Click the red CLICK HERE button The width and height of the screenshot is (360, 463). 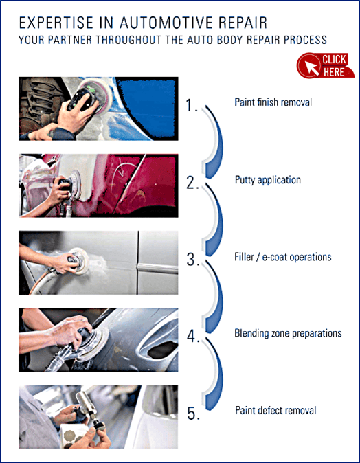click(326, 65)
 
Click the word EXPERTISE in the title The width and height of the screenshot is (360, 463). click(56, 23)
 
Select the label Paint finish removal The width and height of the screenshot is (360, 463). click(273, 102)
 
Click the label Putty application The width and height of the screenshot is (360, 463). click(268, 180)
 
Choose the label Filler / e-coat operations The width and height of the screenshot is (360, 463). click(283, 257)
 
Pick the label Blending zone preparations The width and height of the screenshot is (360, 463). click(288, 333)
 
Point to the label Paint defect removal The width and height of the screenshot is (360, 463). click(275, 410)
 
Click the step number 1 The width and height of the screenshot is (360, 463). click(192, 105)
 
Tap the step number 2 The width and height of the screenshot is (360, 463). click(193, 182)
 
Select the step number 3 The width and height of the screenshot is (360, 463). click(193, 259)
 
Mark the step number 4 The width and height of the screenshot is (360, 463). click(193, 336)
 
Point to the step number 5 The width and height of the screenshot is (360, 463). click(194, 413)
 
